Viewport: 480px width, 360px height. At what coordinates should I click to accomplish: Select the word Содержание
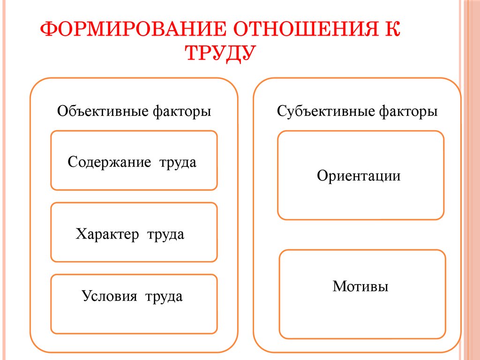coord(109,163)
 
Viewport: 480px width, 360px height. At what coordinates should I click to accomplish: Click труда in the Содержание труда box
coord(178,163)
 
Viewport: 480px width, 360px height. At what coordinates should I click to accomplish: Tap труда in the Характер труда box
coord(165,234)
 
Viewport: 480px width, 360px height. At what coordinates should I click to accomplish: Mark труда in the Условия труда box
coord(164,296)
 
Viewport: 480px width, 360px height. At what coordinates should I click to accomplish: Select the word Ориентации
coord(359,176)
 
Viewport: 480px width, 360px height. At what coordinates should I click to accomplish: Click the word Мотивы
coord(360,286)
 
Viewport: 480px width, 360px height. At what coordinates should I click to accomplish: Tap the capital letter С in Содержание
coord(72,163)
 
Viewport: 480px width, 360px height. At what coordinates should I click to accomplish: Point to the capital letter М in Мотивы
coord(338,286)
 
